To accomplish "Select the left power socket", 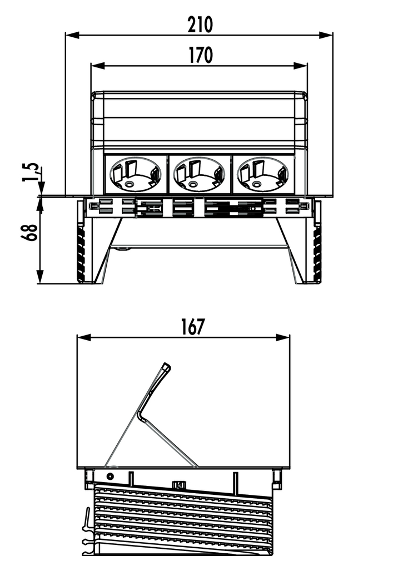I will (x=136, y=174).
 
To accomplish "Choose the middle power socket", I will (x=200, y=174).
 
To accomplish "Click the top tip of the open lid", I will (x=167, y=366).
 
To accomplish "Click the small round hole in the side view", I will (x=110, y=476).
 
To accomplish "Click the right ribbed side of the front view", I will (x=317, y=250).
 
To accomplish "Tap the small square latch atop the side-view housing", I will (x=180, y=485).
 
